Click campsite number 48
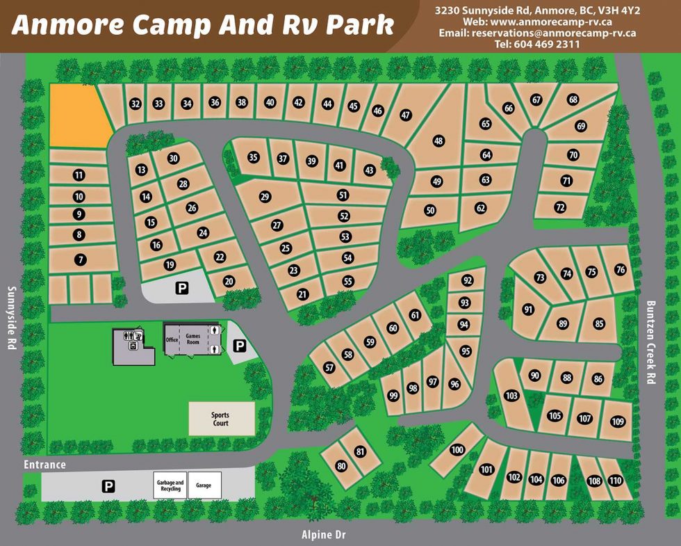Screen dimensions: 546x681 pos(438,141)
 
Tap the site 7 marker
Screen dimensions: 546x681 pos(81,259)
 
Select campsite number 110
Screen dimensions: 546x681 pos(615,481)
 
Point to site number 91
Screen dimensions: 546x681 pos(529,310)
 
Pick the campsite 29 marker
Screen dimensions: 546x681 pos(265,197)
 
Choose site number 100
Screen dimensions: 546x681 pos(457,450)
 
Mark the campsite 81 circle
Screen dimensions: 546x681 pos(360,451)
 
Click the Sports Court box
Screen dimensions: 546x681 pos(221,419)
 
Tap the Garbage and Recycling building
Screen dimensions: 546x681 pos(170,485)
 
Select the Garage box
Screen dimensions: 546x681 pos(204,485)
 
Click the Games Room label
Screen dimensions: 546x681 pos(192,339)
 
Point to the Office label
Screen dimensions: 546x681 pos(172,339)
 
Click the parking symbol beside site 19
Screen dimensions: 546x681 pos(182,287)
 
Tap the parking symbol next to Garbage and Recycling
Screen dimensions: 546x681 pos(108,486)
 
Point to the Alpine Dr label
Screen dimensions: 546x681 pos(324,535)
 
